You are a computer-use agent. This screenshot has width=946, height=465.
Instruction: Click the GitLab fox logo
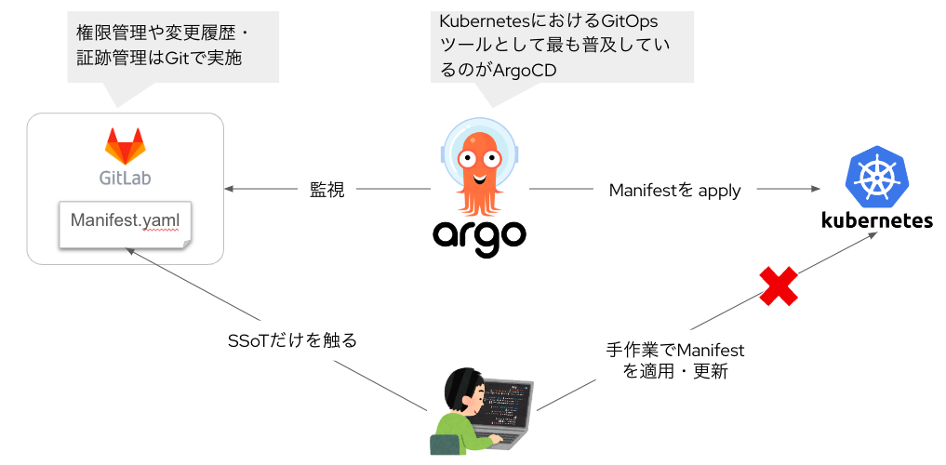(125, 146)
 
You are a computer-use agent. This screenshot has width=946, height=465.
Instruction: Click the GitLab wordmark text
(125, 178)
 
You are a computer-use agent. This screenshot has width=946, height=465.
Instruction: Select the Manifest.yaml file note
(126, 224)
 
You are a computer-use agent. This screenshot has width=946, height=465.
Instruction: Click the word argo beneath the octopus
(479, 236)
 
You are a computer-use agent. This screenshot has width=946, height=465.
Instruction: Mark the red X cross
(779, 286)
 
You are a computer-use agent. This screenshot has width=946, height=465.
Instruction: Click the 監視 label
(327, 190)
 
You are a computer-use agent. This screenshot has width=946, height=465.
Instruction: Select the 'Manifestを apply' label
(674, 190)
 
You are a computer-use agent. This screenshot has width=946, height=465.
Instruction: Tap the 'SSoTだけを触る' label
(292, 340)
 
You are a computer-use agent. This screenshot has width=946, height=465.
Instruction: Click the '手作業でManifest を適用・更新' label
(675, 361)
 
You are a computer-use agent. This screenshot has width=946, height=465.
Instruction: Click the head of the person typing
(464, 390)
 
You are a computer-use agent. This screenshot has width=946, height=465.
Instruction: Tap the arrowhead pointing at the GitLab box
(228, 189)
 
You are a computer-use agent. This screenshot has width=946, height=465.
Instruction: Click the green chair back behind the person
(440, 445)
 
